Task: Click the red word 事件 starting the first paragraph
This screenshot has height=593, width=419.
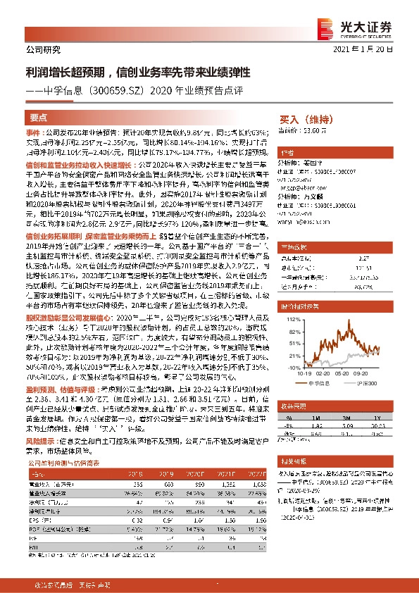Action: (34, 132)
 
